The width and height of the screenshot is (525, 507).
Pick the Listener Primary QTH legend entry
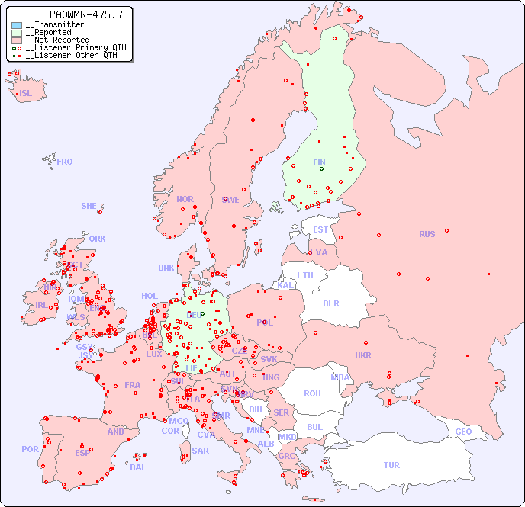tap(71, 47)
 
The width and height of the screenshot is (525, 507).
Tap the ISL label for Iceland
tap(25, 94)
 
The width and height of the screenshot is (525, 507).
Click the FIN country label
tap(319, 162)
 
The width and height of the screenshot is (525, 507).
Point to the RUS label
tap(427, 234)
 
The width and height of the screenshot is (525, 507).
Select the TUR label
tap(391, 465)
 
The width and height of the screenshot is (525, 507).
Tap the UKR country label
tap(362, 355)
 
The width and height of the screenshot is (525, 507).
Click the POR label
tap(30, 449)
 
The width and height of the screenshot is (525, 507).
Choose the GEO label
tap(463, 432)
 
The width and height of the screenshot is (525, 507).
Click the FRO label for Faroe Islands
tap(65, 162)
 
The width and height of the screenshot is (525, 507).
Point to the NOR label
tap(185, 199)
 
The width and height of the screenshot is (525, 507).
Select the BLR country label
tap(330, 303)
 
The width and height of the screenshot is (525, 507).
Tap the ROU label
tap(312, 393)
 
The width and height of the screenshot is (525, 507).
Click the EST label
tap(320, 229)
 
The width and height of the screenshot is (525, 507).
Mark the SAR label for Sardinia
tap(200, 451)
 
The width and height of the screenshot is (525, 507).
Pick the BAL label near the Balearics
tap(137, 467)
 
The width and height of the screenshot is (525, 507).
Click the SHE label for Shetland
tap(89, 206)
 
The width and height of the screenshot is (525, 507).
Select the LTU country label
tap(305, 275)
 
